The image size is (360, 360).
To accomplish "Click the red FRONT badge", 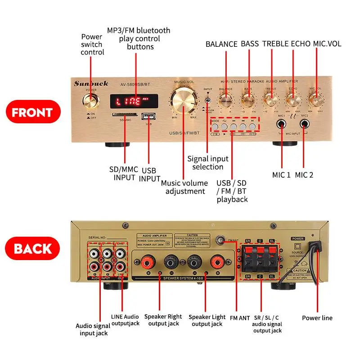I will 32,112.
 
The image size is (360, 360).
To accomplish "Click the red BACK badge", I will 32,249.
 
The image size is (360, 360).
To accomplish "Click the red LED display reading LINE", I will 135,101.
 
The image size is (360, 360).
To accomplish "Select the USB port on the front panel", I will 147,117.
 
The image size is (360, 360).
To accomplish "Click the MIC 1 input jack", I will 282,124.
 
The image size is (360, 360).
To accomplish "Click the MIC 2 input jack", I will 305,124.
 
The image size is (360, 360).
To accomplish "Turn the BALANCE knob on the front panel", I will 225,99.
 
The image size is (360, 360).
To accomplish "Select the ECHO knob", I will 293,99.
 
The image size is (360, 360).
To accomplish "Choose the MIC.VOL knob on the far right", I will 315,99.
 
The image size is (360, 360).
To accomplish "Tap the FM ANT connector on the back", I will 220,240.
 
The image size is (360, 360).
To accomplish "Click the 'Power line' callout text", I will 317,318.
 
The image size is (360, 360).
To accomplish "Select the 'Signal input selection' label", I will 208,163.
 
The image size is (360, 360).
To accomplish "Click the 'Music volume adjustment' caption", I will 184,187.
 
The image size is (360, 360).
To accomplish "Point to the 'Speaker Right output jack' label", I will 163,320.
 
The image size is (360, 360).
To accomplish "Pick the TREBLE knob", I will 271,99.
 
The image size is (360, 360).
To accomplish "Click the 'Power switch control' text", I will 92,45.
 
